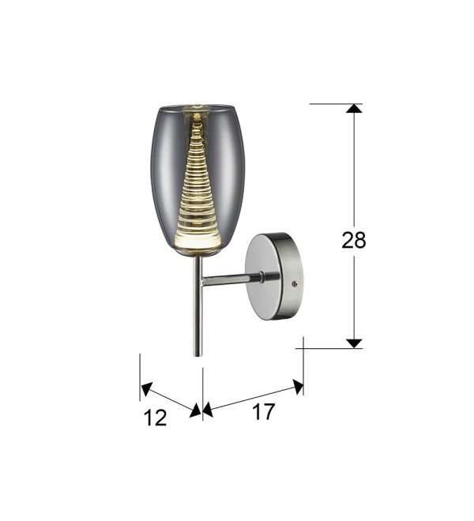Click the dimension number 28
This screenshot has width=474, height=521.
(x=354, y=240)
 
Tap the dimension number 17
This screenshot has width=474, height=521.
(x=263, y=412)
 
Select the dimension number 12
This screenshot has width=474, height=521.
(x=155, y=418)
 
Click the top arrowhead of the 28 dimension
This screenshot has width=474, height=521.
(x=354, y=108)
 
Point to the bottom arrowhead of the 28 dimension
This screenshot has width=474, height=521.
(x=354, y=343)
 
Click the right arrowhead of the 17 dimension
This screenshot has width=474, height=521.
(x=298, y=387)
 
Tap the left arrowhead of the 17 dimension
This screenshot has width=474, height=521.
(x=208, y=410)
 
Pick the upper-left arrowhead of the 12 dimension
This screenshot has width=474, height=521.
(x=146, y=388)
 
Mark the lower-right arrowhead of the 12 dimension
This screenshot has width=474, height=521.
(x=196, y=411)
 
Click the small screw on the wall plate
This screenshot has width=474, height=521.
(x=294, y=283)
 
